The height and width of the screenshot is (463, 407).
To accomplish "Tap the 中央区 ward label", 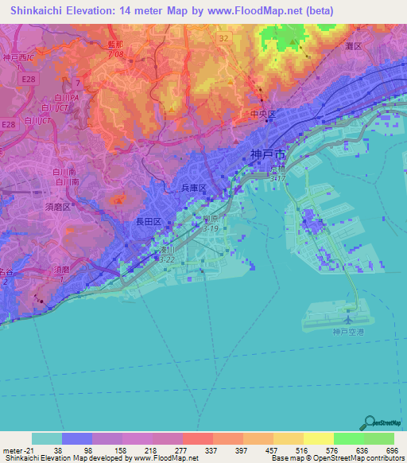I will pyautogui.click(x=262, y=114).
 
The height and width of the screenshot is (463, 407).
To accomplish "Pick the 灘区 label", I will pyautogui.click(x=352, y=47).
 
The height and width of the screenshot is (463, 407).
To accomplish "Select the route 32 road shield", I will pyautogui.click(x=224, y=37).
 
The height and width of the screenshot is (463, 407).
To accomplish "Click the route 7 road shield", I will pyautogui.click(x=78, y=82).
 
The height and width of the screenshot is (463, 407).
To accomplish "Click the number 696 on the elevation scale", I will pyautogui.click(x=391, y=449).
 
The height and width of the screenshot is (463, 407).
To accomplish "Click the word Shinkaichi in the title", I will pyautogui.click(x=30, y=11).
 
